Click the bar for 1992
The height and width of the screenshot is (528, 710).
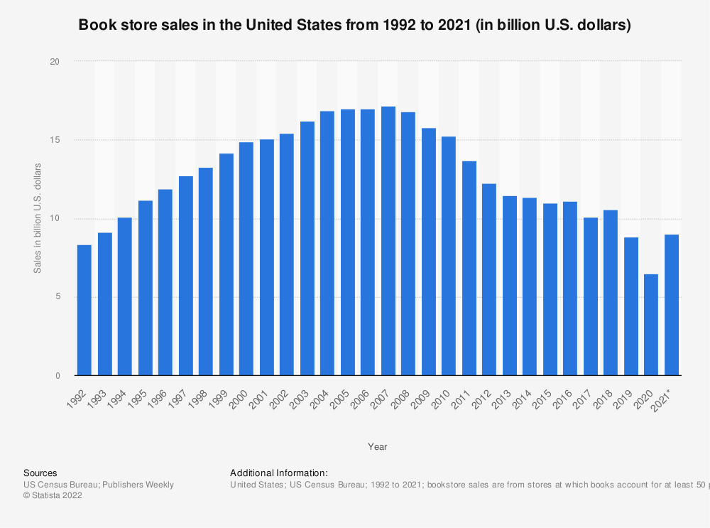(x=84, y=310)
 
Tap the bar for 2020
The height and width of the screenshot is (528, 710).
(x=651, y=325)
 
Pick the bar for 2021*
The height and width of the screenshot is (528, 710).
(x=672, y=305)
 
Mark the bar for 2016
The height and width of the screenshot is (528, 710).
(x=570, y=289)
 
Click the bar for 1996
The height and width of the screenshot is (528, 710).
(x=165, y=282)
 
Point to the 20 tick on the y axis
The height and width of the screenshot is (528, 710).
(x=55, y=62)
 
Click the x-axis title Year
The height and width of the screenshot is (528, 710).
(x=377, y=446)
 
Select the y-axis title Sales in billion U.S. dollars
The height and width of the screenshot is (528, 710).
(x=37, y=218)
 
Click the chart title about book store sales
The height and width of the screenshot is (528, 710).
(x=354, y=25)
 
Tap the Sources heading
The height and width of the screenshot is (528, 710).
(x=40, y=473)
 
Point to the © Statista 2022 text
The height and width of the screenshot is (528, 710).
(x=53, y=496)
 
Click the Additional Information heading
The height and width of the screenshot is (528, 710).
(x=278, y=473)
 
